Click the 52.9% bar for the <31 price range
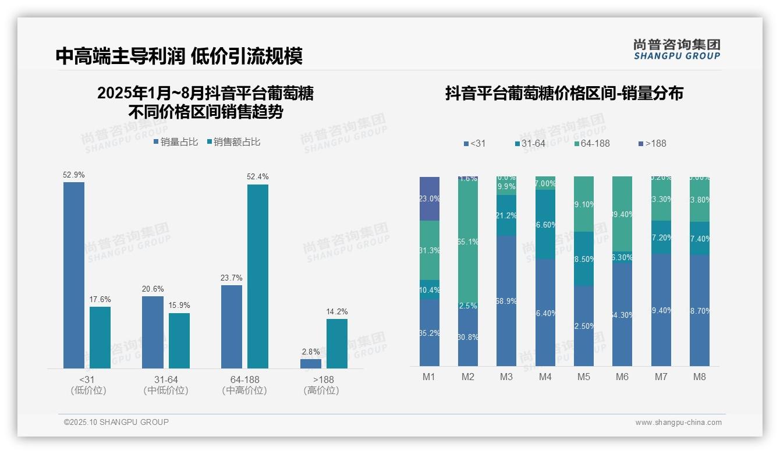(74, 275)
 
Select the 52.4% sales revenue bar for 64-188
(258, 276)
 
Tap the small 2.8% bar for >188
(311, 364)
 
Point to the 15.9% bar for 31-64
(179, 340)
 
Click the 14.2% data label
(337, 312)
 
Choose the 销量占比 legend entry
(176, 142)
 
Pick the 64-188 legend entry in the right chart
(591, 143)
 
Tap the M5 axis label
(584, 377)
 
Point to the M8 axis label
(700, 377)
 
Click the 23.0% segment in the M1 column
(430, 198)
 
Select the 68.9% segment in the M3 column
(506, 300)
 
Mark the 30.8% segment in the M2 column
(468, 336)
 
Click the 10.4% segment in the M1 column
(430, 289)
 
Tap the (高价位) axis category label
(321, 391)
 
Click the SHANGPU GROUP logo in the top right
(677, 49)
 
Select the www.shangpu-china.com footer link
(678, 423)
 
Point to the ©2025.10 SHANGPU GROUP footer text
(116, 422)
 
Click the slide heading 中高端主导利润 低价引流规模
(179, 56)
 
